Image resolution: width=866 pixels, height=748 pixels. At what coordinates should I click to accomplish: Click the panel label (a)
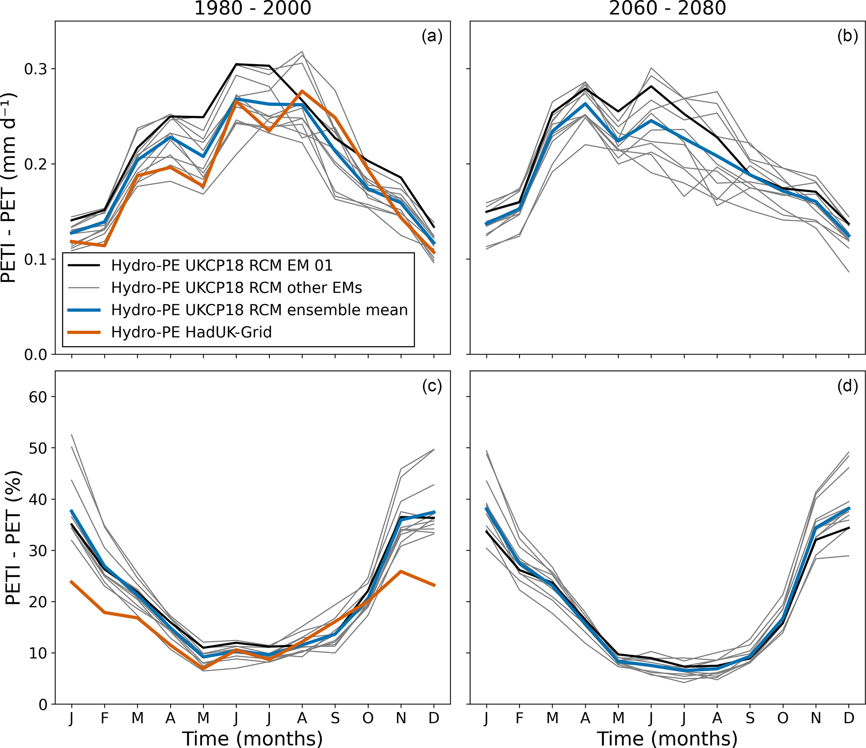click(x=432, y=37)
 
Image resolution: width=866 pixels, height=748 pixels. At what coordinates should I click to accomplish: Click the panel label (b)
click(x=847, y=37)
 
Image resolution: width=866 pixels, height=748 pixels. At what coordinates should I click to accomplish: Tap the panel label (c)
click(x=432, y=386)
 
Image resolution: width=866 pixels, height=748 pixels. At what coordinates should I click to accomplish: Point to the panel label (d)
click(x=847, y=386)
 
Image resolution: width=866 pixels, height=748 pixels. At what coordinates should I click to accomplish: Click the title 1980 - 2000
click(x=253, y=8)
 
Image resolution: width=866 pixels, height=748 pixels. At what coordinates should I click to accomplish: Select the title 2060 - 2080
click(x=667, y=8)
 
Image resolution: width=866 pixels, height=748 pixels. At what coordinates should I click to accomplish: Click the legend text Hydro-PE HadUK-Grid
click(x=191, y=332)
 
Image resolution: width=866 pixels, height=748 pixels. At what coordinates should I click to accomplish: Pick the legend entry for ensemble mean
click(x=259, y=310)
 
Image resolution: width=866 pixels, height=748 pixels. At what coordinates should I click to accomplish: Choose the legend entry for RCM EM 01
click(x=222, y=266)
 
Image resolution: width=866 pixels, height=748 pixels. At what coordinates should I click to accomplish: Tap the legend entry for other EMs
click(x=236, y=288)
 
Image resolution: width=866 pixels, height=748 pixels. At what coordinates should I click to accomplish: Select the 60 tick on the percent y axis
click(x=38, y=397)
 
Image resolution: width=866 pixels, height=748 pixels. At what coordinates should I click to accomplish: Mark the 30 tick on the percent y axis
click(x=38, y=551)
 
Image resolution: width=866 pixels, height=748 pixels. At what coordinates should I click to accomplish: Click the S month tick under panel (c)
click(x=335, y=718)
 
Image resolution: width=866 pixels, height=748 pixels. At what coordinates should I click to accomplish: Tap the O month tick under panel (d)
click(x=783, y=718)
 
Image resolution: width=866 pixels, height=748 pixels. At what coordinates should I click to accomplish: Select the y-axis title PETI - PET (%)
click(x=13, y=538)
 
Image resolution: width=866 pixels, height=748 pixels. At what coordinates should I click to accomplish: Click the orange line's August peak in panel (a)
click(x=302, y=91)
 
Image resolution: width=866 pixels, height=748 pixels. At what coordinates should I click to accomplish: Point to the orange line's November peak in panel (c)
click(x=401, y=572)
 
